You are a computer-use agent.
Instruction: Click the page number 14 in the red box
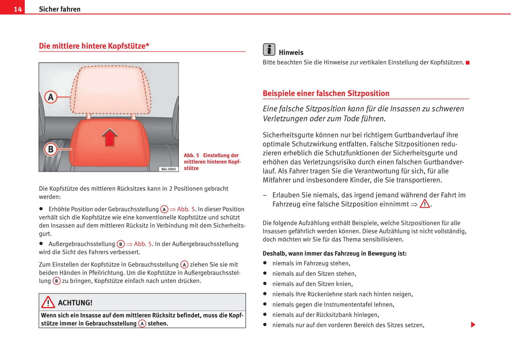point(18,9)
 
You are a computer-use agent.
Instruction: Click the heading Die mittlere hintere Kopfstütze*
point(94,46)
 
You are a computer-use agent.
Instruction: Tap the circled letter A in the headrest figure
point(51,97)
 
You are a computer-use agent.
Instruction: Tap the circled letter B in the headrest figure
point(51,149)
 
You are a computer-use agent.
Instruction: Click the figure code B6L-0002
point(168,169)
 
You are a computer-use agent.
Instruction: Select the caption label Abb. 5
point(191,155)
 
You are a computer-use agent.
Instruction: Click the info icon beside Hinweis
point(269,49)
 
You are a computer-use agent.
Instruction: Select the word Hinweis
point(291,53)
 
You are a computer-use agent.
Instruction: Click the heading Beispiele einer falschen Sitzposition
point(326,94)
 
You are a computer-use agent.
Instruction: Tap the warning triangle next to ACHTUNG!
point(48,302)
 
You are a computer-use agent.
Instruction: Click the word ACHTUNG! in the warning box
point(75,303)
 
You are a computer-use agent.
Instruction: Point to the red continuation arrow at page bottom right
point(473,325)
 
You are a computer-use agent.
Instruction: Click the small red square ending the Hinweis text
point(468,63)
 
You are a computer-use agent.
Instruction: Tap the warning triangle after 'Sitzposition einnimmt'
point(425,204)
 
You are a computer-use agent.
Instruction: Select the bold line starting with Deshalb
point(334,253)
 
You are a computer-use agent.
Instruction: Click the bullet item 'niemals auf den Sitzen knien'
point(312,284)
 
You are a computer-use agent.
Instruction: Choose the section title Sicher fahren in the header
point(59,9)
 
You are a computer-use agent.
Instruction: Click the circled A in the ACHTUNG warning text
point(142,324)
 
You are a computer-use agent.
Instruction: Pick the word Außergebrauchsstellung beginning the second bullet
point(82,244)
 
